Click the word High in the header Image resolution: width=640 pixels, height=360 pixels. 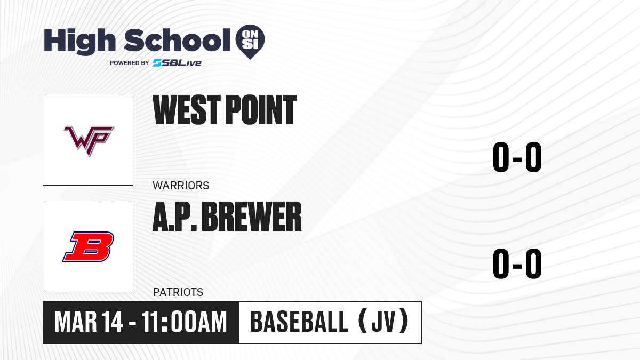tap(79, 41)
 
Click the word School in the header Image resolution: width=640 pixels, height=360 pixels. tap(177, 40)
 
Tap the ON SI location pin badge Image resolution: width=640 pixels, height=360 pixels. tap(250, 42)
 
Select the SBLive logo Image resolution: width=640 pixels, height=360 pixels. tap(177, 63)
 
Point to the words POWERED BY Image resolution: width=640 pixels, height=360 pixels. tap(130, 63)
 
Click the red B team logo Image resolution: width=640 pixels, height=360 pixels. tap(88, 247)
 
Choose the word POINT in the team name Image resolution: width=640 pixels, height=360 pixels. tap(261, 110)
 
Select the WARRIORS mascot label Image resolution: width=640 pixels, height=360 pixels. tap(181, 186)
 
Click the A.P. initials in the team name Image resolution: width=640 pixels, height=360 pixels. tap(175, 217)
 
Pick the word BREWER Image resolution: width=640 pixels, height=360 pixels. tap(252, 217)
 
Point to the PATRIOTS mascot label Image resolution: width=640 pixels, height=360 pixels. tap(178, 292)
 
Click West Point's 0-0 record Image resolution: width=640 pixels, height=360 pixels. tap(517, 157)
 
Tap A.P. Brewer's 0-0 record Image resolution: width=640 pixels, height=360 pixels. tap(517, 263)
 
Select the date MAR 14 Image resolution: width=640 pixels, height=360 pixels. tap(89, 322)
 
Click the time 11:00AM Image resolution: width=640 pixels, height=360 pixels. tap(184, 322)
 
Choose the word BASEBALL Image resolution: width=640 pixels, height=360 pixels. tap(299, 322)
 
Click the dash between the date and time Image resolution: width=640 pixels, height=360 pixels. tap(132, 323)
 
